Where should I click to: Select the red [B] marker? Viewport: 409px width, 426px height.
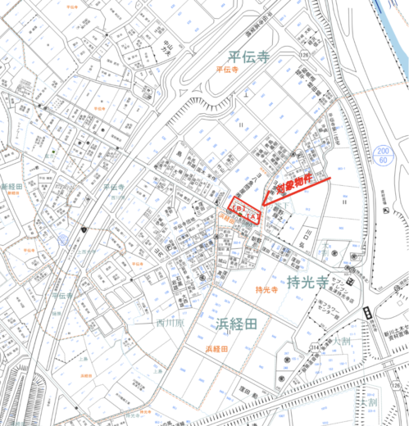pyautogui.click(x=239, y=210)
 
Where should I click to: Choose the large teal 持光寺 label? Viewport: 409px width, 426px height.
pyautogui.click(x=308, y=283)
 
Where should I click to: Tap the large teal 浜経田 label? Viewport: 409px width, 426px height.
pyautogui.click(x=237, y=324)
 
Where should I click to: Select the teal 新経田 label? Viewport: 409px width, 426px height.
pyautogui.click(x=15, y=188)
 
